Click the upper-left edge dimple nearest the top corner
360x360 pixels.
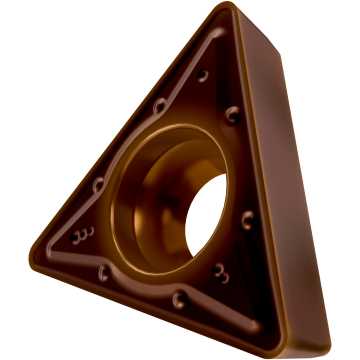coord(159,106)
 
